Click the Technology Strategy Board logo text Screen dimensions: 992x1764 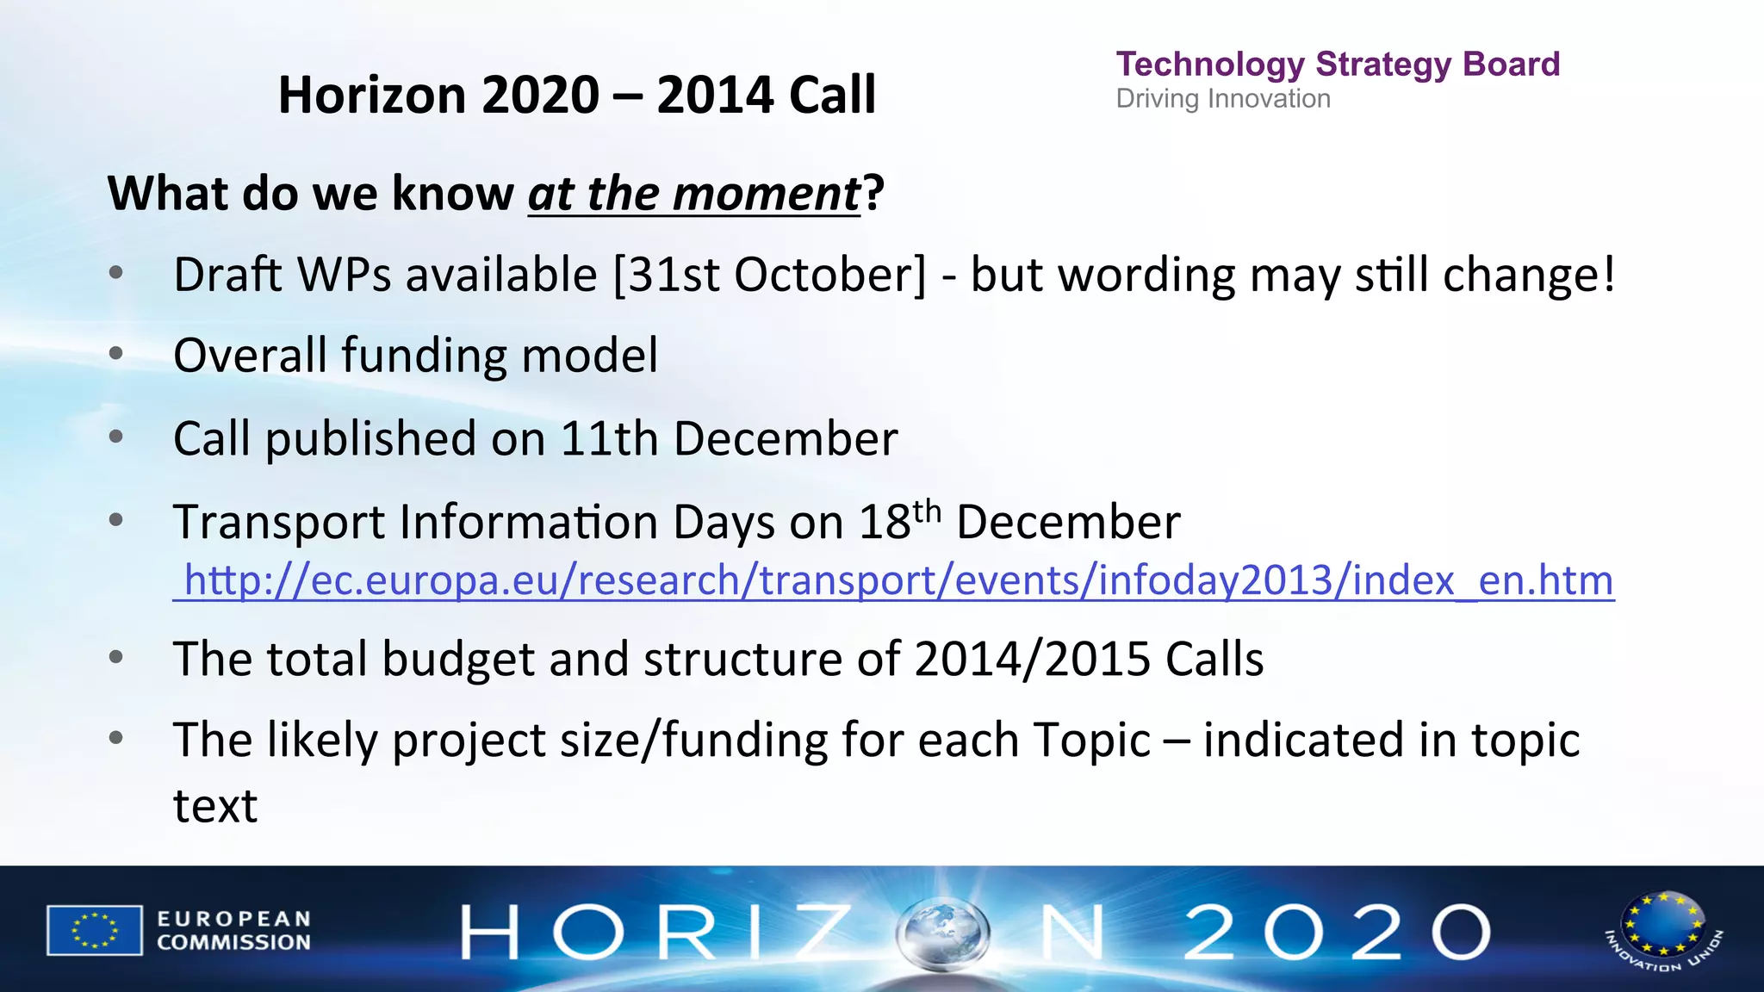point(1337,65)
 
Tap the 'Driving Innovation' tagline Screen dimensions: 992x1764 point(1223,99)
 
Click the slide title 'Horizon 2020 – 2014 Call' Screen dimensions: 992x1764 point(577,94)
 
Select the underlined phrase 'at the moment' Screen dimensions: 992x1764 point(693,193)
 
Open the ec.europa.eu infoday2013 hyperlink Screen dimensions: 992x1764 point(896,580)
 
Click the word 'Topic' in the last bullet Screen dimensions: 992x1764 point(1091,740)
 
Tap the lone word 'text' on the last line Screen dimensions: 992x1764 point(215,806)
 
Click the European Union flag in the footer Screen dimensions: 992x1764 point(95,930)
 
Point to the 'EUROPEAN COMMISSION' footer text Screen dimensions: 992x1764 point(233,931)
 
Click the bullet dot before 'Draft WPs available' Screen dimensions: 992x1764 point(117,274)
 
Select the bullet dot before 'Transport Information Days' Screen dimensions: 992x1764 point(117,520)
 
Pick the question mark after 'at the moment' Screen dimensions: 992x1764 point(873,193)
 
